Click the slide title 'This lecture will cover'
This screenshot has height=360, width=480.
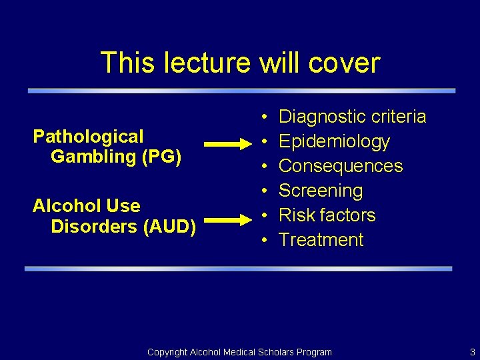(x=240, y=63)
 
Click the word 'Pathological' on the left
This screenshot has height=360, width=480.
(x=88, y=137)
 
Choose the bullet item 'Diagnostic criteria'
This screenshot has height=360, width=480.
(x=352, y=117)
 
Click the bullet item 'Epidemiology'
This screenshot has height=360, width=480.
(x=334, y=141)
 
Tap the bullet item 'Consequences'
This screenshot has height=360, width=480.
(x=341, y=166)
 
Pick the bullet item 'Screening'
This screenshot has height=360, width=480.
(x=321, y=191)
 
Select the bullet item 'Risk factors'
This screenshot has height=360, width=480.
(x=327, y=215)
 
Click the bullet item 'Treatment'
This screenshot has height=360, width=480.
(x=321, y=240)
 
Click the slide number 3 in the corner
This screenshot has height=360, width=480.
(x=472, y=352)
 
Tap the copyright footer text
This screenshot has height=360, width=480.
(x=239, y=352)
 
